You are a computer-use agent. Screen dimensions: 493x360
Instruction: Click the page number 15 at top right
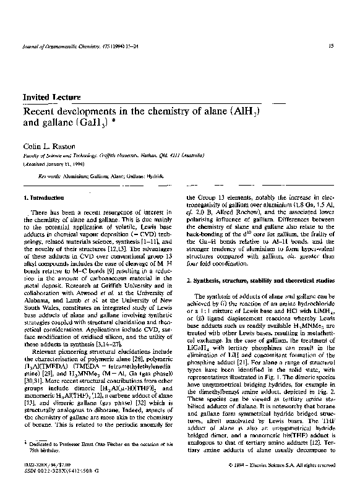pos(332,45)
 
